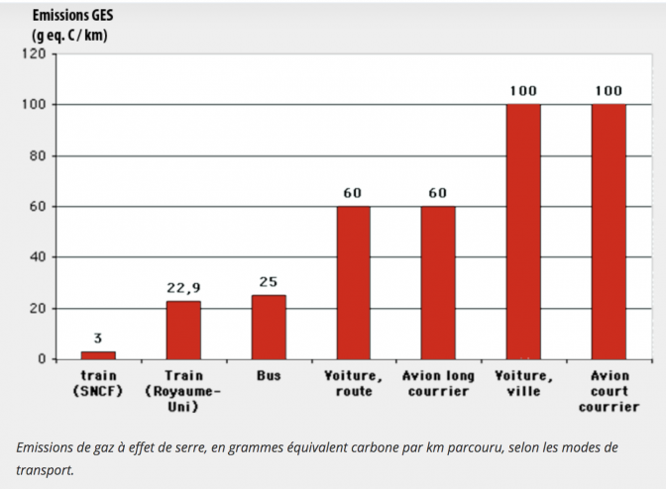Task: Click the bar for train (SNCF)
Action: click(x=98, y=354)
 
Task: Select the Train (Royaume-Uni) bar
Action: click(x=183, y=330)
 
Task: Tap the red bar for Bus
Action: click(x=269, y=327)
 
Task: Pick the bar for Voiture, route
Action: click(x=353, y=282)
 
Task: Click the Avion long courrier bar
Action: click(x=438, y=282)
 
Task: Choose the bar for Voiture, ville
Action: click(x=523, y=232)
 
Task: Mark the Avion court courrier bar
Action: click(x=609, y=232)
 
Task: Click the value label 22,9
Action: click(x=183, y=288)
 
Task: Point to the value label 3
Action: click(x=98, y=339)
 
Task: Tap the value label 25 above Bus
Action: click(x=269, y=282)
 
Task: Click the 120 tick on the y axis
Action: click(x=34, y=53)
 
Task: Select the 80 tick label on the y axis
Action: click(x=38, y=155)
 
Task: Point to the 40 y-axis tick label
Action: click(x=38, y=257)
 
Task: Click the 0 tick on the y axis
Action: click(x=42, y=359)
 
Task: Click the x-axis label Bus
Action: click(x=269, y=376)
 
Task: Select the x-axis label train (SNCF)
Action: click(x=98, y=384)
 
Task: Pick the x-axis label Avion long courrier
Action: click(x=438, y=384)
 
